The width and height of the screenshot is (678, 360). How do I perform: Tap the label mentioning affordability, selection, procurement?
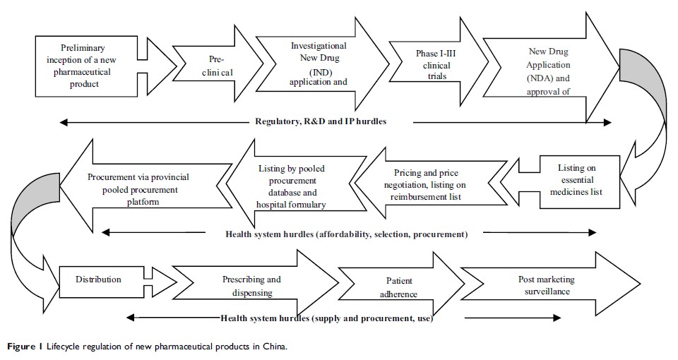pos(345,234)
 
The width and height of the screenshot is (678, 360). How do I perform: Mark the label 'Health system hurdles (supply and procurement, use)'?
pos(326,318)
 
